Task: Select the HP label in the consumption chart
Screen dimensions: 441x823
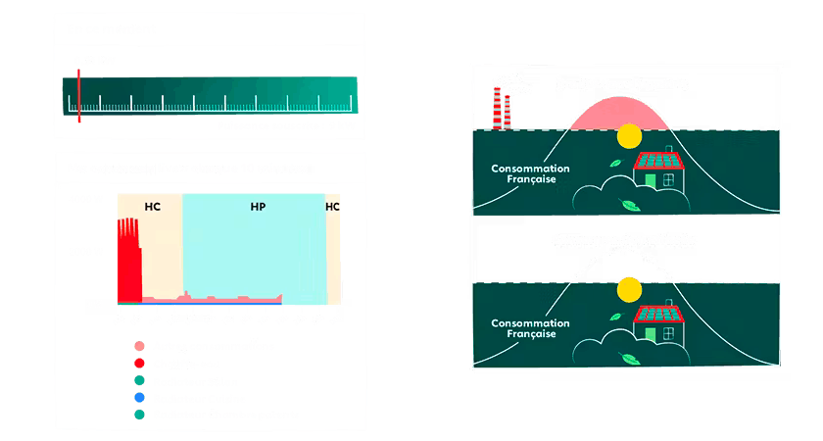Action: point(258,207)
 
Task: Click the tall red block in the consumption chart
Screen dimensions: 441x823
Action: point(128,259)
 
